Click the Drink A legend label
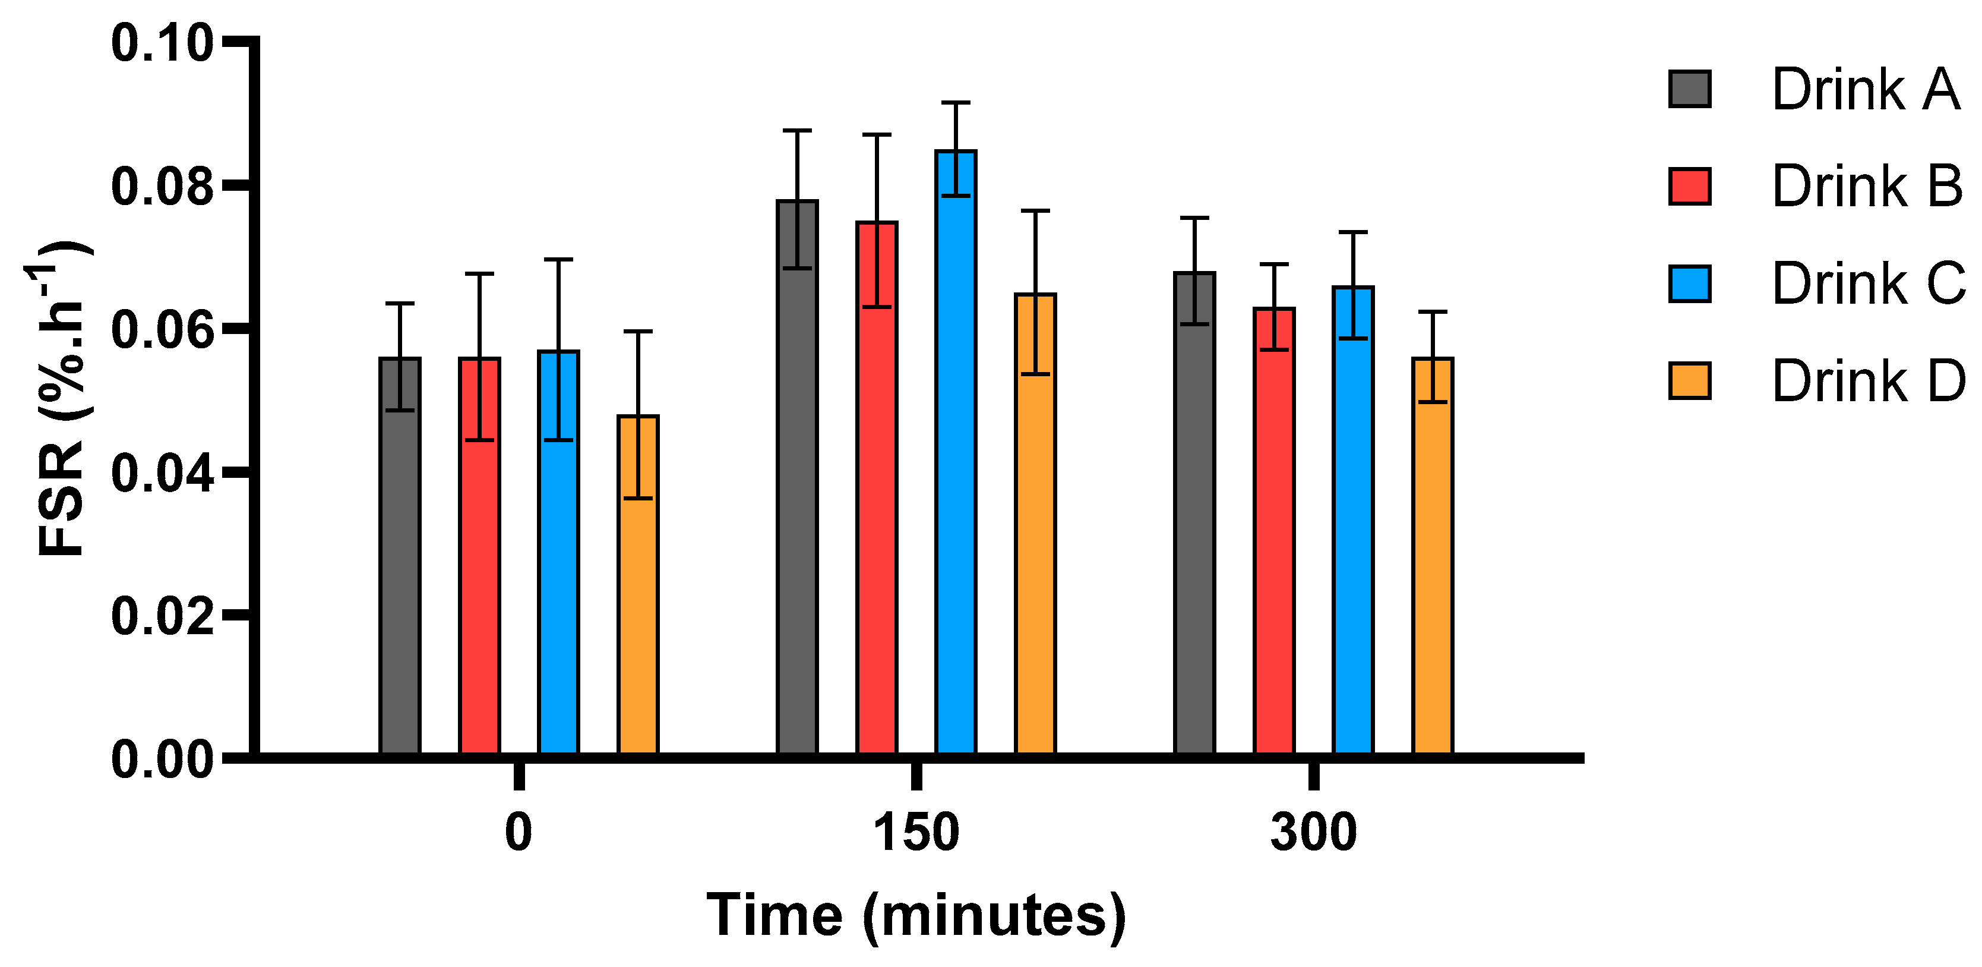point(1865,90)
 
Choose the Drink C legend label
point(1867,284)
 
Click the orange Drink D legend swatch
point(1690,381)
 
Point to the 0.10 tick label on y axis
point(162,43)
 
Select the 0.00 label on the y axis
point(162,759)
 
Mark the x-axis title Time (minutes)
point(916,915)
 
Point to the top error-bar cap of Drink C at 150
point(956,102)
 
